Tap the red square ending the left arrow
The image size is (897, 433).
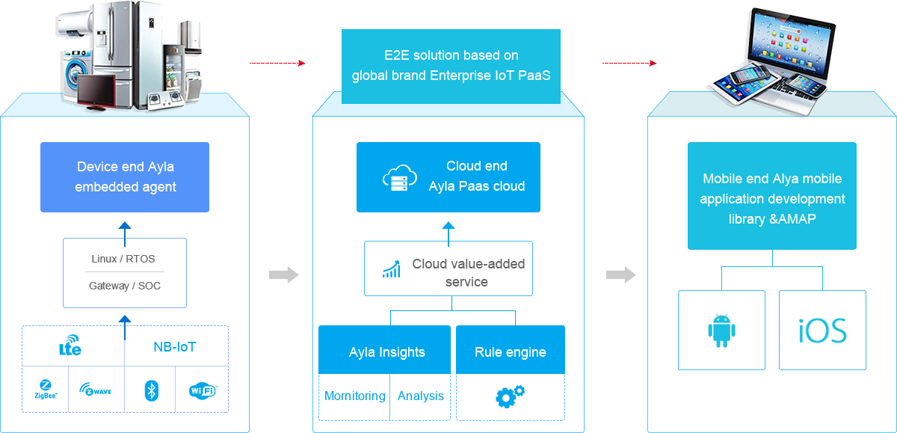(301, 63)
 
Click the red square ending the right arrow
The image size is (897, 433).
(653, 63)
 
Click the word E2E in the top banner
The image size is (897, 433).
(388, 55)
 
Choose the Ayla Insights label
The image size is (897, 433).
(386, 352)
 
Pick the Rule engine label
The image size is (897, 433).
(511, 352)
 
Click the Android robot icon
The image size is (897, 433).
(721, 331)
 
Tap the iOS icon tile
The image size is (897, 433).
(822, 331)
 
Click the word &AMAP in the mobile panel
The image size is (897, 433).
(792, 219)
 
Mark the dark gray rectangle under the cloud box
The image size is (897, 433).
(468, 272)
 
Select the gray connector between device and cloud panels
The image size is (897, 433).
(283, 274)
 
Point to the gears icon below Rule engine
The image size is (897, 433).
(510, 396)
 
